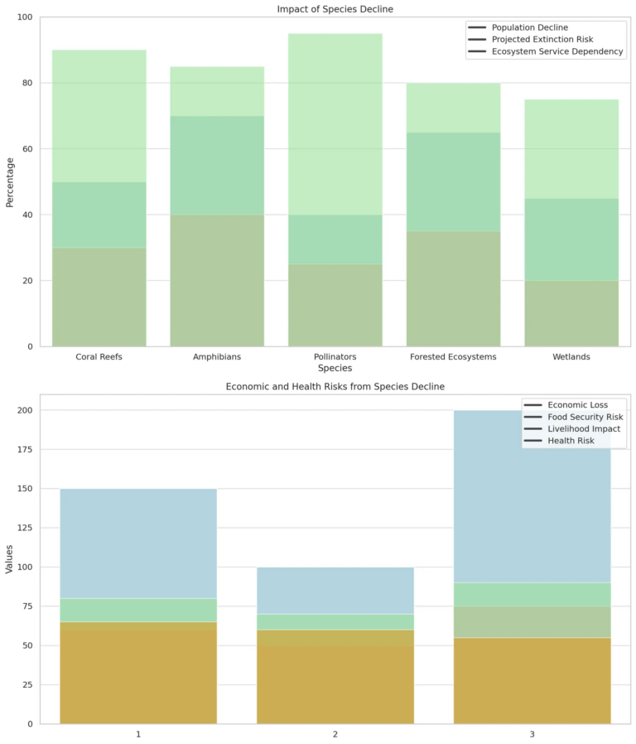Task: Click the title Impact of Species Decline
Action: tap(335, 8)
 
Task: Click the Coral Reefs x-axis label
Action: tap(99, 356)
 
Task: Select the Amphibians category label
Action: tap(217, 356)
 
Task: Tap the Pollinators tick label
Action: tap(335, 356)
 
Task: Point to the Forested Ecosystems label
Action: tap(453, 356)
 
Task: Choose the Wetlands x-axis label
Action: tap(571, 356)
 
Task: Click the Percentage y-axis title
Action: tap(10, 181)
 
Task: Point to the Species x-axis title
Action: tap(335, 368)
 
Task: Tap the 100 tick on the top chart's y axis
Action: tap(25, 17)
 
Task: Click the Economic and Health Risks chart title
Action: tap(335, 387)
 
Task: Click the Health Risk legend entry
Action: tap(566, 441)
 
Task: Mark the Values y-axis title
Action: tap(10, 559)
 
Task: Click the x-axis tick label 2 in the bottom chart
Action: tap(335, 735)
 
